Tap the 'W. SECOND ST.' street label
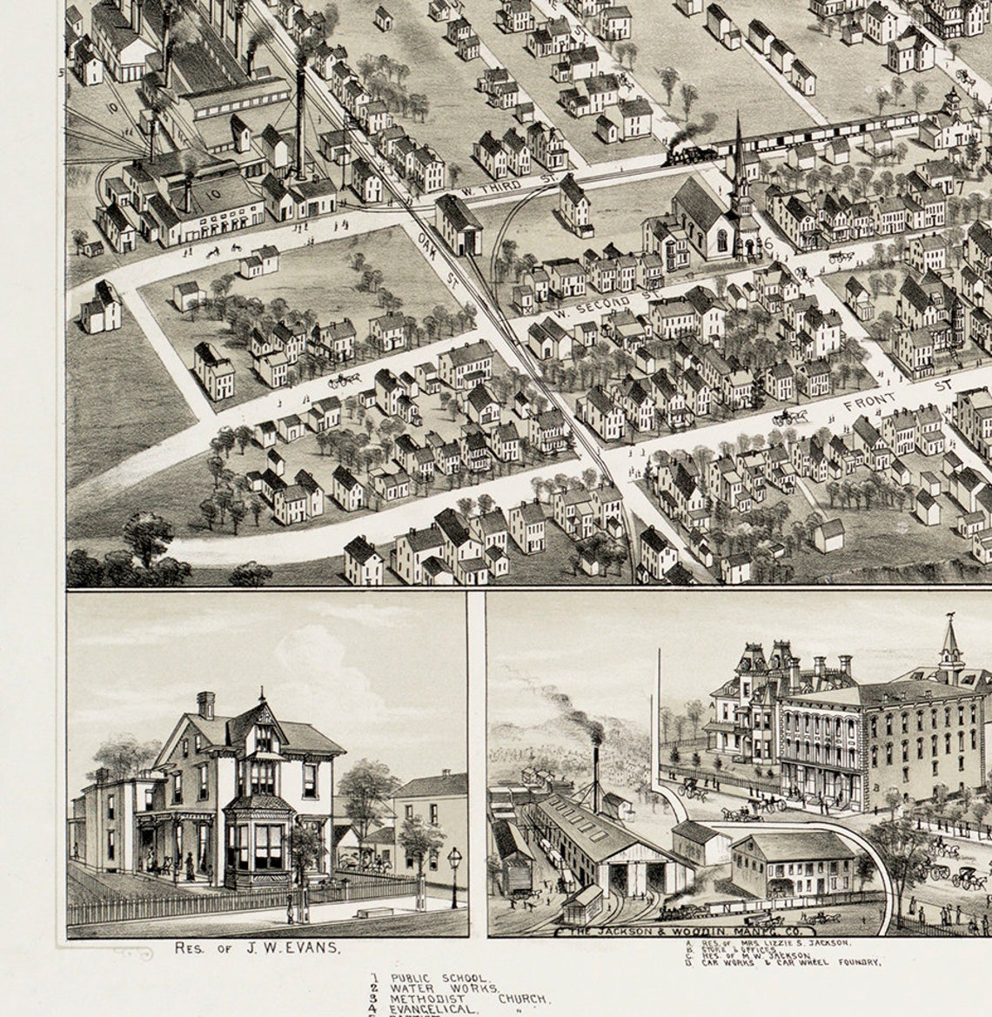[x=607, y=298]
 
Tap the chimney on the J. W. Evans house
[x=205, y=704]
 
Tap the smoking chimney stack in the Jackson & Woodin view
[x=596, y=766]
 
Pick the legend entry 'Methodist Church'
[x=470, y=1000]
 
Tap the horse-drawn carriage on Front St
[x=789, y=417]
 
